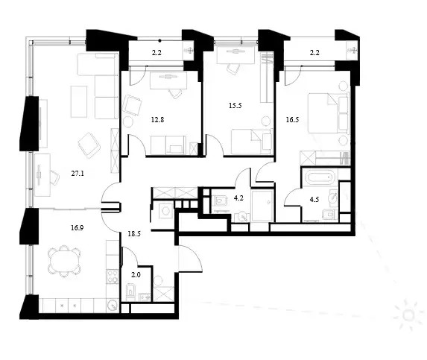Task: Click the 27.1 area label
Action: pyautogui.click(x=78, y=174)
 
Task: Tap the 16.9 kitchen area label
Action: pyautogui.click(x=77, y=228)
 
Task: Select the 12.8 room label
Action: pyautogui.click(x=157, y=119)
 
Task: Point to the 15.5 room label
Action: pyautogui.click(x=235, y=105)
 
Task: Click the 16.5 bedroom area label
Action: pyautogui.click(x=292, y=119)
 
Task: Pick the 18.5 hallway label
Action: pyautogui.click(x=134, y=233)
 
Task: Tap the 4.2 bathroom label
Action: pyautogui.click(x=238, y=198)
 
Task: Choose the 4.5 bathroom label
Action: pyautogui.click(x=314, y=199)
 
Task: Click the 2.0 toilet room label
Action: pyautogui.click(x=136, y=275)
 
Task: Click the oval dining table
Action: pyautogui.click(x=64, y=261)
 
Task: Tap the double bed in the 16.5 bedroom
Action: pyautogui.click(x=329, y=113)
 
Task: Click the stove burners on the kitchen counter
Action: pyautogui.click(x=113, y=277)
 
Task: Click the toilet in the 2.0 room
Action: pyautogui.click(x=130, y=291)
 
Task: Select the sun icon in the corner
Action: pyautogui.click(x=408, y=315)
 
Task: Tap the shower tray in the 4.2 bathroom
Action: pyautogui.click(x=262, y=206)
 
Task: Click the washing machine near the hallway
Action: pyautogui.click(x=164, y=211)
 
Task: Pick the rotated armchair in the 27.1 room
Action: pyautogui.click(x=89, y=145)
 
